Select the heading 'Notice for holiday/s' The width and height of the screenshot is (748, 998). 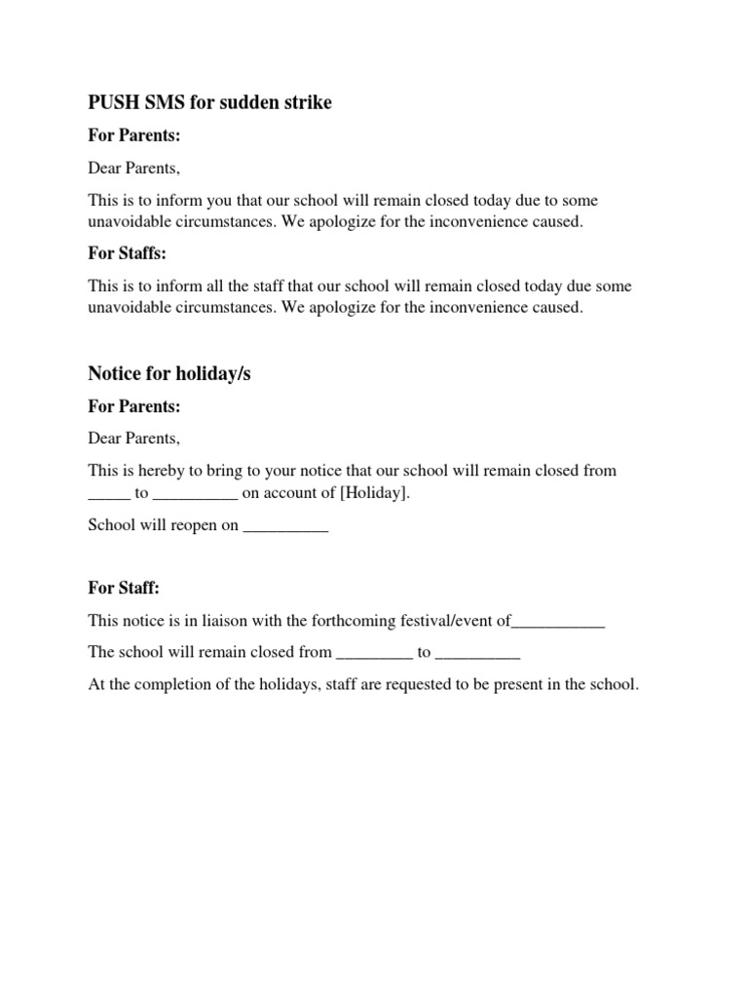169,373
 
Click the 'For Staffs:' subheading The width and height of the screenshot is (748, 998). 128,253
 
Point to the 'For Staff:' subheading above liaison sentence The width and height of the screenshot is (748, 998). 124,588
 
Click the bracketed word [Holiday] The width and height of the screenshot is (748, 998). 375,493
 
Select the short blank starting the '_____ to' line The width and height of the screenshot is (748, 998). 109,495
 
